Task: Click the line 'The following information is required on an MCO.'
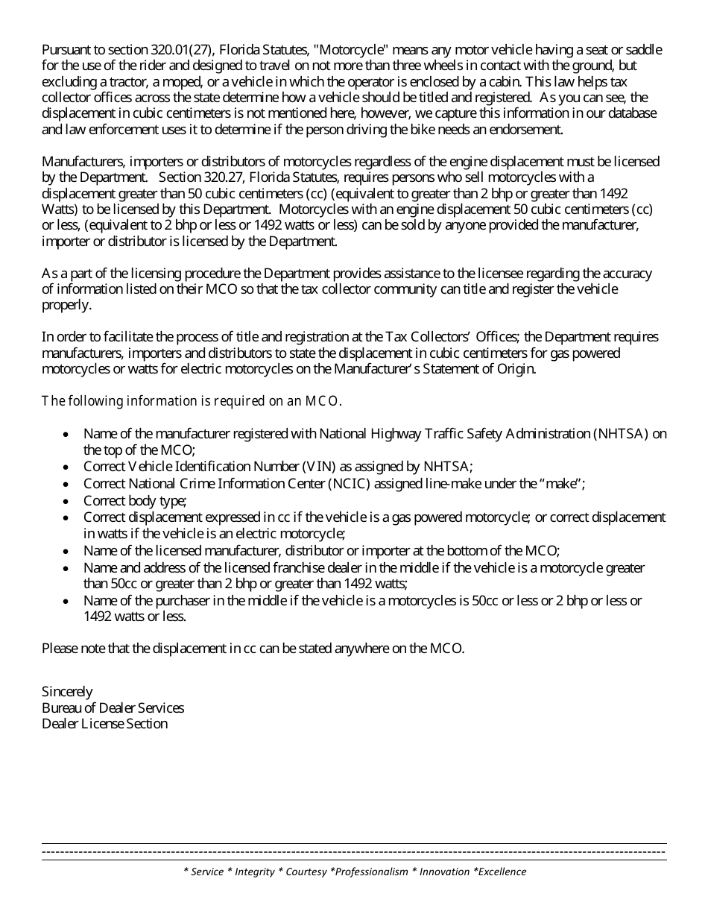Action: pyautogui.click(x=192, y=401)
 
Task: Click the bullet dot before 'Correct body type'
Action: pyautogui.click(x=67, y=501)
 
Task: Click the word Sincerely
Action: pyautogui.click(x=67, y=692)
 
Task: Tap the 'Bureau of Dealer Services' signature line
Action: pyautogui.click(x=113, y=708)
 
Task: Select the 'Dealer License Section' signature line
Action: pyautogui.click(x=104, y=724)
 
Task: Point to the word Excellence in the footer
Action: pyautogui.click(x=502, y=872)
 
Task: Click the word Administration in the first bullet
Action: pyautogui.click(x=548, y=434)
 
